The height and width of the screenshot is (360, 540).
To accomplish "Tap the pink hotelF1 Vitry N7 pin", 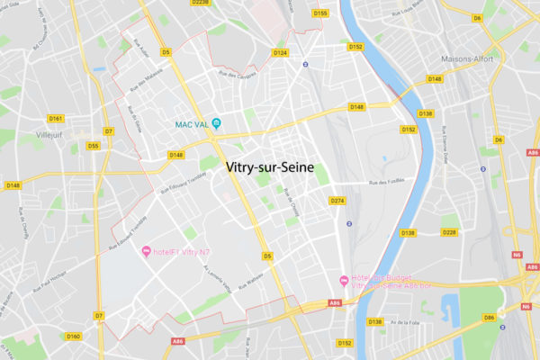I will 146,249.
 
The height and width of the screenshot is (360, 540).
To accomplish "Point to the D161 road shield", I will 56,118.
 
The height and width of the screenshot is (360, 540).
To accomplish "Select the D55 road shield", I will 93,145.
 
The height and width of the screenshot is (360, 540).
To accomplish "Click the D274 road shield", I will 338,200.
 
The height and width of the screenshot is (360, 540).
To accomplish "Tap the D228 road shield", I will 450,232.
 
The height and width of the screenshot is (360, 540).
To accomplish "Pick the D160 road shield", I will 74,337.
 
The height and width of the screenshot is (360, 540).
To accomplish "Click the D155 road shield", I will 320,13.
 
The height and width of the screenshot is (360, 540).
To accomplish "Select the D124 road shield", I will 280,53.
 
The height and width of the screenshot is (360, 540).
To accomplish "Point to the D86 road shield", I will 490,317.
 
